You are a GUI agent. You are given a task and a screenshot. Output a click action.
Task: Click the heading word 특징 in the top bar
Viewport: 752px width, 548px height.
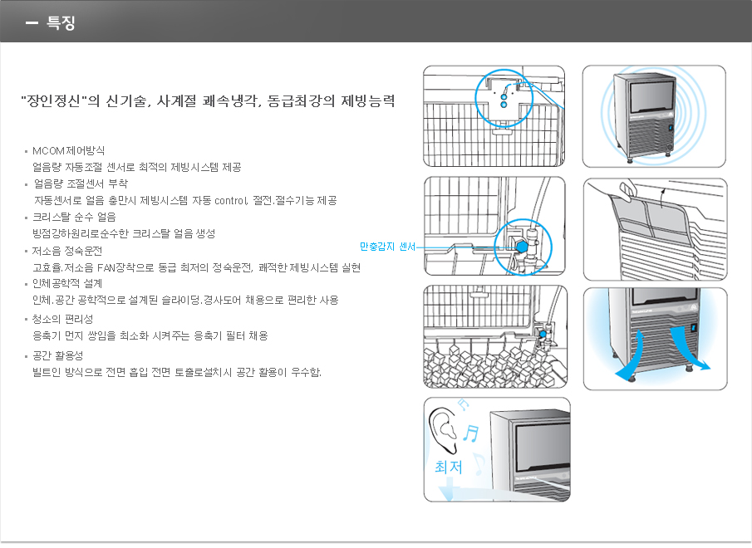point(61,22)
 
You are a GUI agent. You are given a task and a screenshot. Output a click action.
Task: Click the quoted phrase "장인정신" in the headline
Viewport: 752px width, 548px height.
point(53,101)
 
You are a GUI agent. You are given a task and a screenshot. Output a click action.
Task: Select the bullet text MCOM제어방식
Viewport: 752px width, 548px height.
point(68,150)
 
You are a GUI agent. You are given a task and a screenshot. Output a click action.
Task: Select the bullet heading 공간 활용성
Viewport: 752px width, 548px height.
point(58,355)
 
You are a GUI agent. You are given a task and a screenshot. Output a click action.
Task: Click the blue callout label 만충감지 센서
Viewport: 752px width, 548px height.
point(387,247)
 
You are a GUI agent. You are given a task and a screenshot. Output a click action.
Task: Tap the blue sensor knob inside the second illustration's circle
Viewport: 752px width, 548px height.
point(521,246)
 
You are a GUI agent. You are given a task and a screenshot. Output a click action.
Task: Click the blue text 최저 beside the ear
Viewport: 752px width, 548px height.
point(449,467)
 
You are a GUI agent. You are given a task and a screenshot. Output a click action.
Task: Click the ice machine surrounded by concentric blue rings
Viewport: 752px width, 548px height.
point(644,116)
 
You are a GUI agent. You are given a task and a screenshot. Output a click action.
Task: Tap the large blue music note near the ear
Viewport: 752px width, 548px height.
point(471,433)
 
